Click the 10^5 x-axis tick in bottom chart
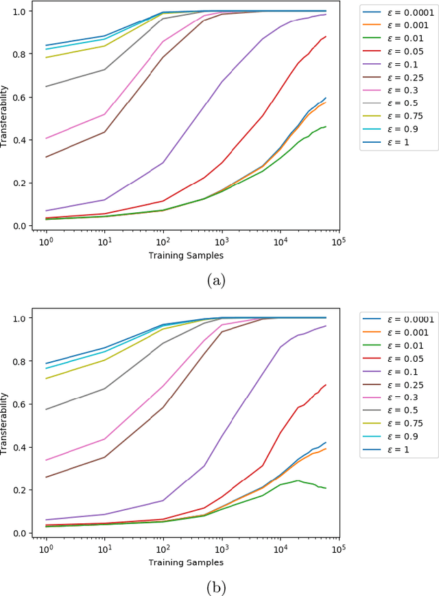[338, 549]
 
